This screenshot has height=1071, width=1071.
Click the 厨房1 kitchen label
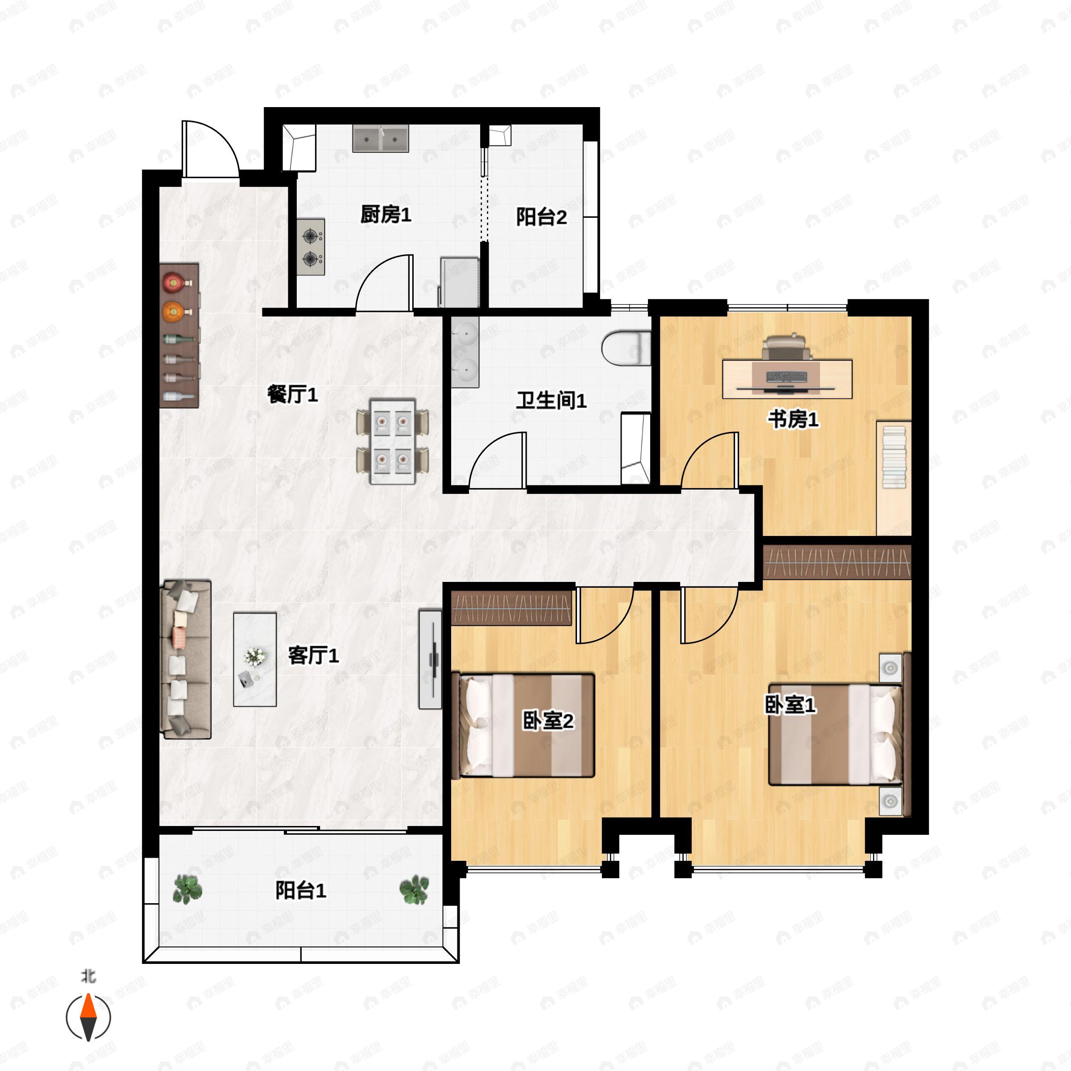386,215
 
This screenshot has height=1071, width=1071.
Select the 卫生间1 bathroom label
551,400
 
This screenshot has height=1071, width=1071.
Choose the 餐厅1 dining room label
292,395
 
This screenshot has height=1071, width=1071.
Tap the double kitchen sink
381,138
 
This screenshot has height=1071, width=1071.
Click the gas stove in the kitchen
311,247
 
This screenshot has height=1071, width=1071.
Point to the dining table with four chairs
393,441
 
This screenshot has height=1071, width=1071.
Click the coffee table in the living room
255,659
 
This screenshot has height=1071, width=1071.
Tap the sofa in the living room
186,660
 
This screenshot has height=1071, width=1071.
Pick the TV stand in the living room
431,660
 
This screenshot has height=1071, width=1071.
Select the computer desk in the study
787,378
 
